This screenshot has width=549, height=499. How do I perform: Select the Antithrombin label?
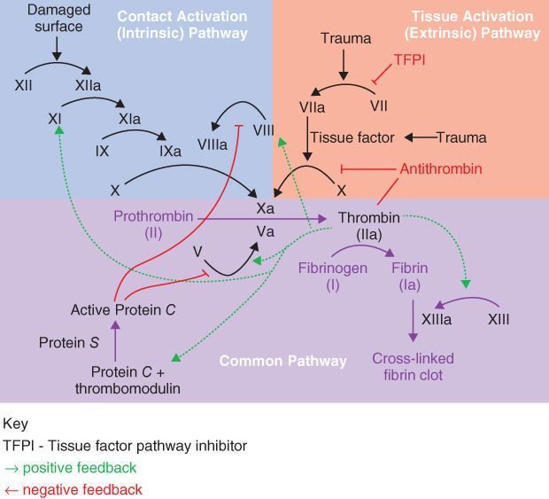point(442,168)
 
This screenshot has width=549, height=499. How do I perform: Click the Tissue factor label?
point(352,138)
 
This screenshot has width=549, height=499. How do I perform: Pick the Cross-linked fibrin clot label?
point(413,367)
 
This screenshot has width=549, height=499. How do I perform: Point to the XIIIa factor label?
point(436,319)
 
